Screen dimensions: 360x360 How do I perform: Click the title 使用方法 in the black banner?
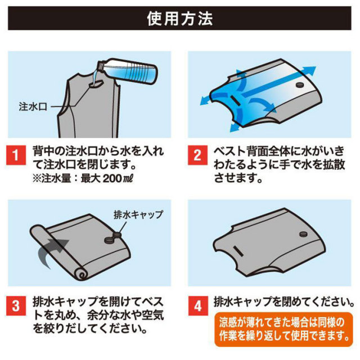pos(180,19)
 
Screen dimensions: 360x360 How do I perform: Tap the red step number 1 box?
pos(16,155)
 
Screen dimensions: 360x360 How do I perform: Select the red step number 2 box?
pos(197,155)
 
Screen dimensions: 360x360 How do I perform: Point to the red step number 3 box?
pos(16,306)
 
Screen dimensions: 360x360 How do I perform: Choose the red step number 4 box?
pos(197,306)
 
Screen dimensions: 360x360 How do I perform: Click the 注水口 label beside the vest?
pos(33,107)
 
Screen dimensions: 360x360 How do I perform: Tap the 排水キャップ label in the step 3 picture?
pos(138,215)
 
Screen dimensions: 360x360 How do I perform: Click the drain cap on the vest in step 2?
pos(300,85)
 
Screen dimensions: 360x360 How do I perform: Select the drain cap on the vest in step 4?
pos(304,234)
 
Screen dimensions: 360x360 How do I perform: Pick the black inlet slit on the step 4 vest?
pos(238,251)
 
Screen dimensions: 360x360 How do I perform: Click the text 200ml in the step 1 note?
pos(118,179)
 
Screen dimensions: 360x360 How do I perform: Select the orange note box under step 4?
pos(283,329)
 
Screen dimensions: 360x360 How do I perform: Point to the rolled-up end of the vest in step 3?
pos(82,274)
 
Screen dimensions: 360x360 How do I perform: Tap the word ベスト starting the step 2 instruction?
pos(229,151)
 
